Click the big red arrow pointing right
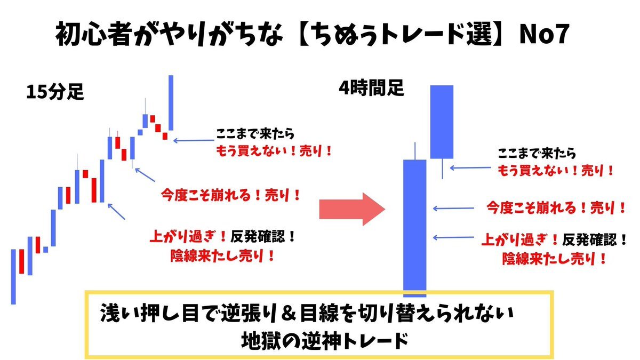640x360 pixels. tap(352, 209)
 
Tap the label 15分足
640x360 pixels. tap(55, 92)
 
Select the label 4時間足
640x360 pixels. tap(371, 87)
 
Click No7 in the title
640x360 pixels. tap(545, 34)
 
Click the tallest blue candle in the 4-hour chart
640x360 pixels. tap(414, 228)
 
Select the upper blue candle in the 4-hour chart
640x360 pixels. tap(442, 122)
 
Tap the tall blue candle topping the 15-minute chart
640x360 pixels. tap(171, 103)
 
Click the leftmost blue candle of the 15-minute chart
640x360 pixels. tap(13, 277)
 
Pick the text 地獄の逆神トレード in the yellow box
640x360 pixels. tap(325, 341)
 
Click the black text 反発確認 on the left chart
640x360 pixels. tap(258, 237)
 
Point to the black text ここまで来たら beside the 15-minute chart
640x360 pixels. tap(255, 134)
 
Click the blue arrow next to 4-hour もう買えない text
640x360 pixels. tap(470, 168)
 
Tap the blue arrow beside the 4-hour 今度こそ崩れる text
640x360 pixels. tap(453, 209)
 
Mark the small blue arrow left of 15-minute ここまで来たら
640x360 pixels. tap(194, 140)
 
